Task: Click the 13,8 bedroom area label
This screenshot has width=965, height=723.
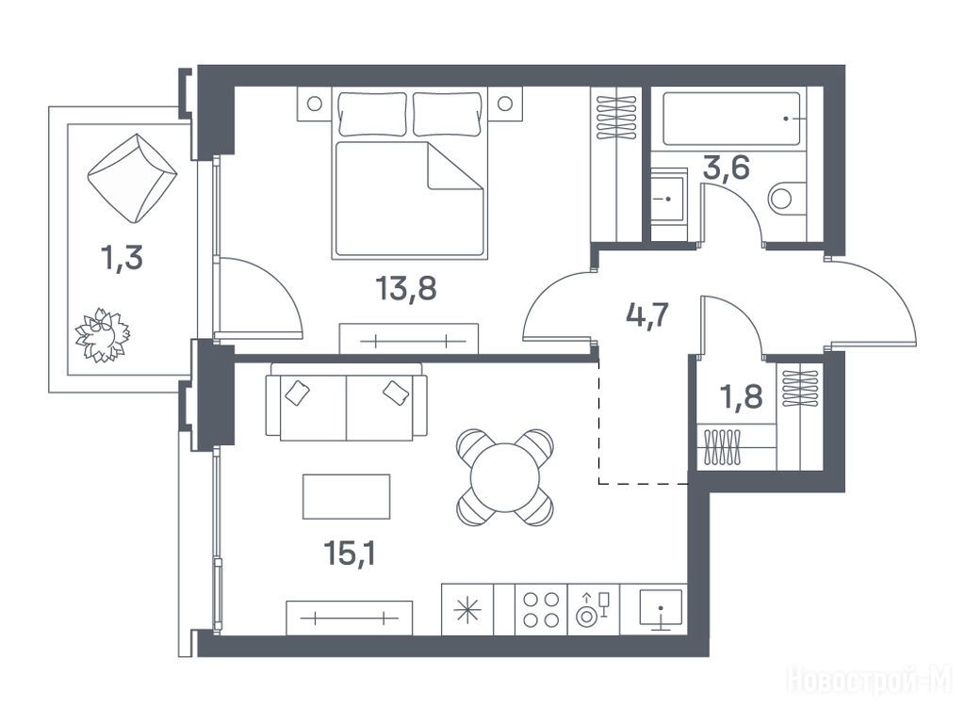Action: tap(407, 288)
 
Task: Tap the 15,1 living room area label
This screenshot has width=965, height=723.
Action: tap(351, 554)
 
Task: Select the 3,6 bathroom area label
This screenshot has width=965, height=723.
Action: tap(727, 168)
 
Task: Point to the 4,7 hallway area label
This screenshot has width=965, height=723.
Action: tap(646, 316)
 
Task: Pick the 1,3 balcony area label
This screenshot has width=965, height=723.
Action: tap(122, 258)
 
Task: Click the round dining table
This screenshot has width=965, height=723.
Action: tap(505, 477)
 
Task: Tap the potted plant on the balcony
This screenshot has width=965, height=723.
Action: tap(102, 335)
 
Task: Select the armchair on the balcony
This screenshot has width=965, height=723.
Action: tap(132, 178)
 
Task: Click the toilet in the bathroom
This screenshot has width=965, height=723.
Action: tap(787, 198)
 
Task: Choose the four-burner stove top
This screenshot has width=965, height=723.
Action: tap(541, 609)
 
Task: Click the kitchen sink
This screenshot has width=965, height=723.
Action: tap(661, 609)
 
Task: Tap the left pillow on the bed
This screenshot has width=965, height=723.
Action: tap(372, 114)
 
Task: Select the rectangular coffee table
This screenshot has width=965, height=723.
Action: tap(347, 497)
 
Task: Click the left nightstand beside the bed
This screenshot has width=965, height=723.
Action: tap(315, 104)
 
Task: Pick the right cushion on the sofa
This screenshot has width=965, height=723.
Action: tap(396, 393)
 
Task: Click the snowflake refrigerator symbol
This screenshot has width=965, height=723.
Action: tap(467, 610)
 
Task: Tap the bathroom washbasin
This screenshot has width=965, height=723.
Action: tap(668, 200)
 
